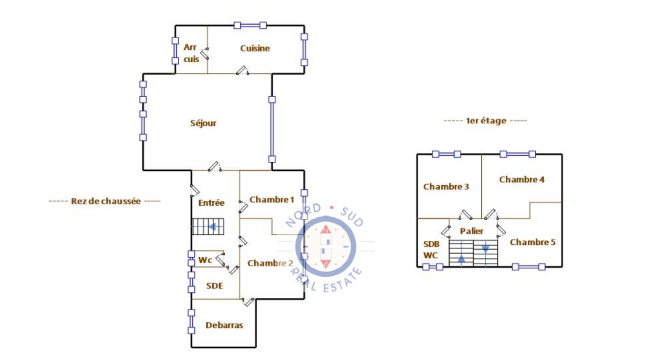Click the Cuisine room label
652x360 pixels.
click(x=255, y=48)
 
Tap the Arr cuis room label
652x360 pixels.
click(x=191, y=53)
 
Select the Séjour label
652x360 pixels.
click(x=203, y=123)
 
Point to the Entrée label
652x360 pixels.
click(x=211, y=203)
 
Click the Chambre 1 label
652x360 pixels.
click(x=271, y=200)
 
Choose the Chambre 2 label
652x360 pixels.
click(x=270, y=263)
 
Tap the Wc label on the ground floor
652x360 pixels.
click(x=205, y=260)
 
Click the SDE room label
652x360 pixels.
click(x=214, y=286)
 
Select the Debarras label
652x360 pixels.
click(x=224, y=325)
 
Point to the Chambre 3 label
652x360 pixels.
click(x=446, y=187)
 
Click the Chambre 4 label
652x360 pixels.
click(x=522, y=180)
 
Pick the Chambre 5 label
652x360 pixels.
click(x=532, y=242)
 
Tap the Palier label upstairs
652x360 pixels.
click(x=471, y=231)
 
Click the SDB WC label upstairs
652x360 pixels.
click(x=431, y=250)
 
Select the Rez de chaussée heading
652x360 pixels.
click(x=106, y=201)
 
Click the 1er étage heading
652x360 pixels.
click(x=486, y=121)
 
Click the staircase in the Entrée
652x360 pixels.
click(x=208, y=227)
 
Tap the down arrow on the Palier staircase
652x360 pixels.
click(x=485, y=249)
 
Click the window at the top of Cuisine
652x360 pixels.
click(x=250, y=25)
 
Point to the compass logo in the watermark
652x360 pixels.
click(x=326, y=246)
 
